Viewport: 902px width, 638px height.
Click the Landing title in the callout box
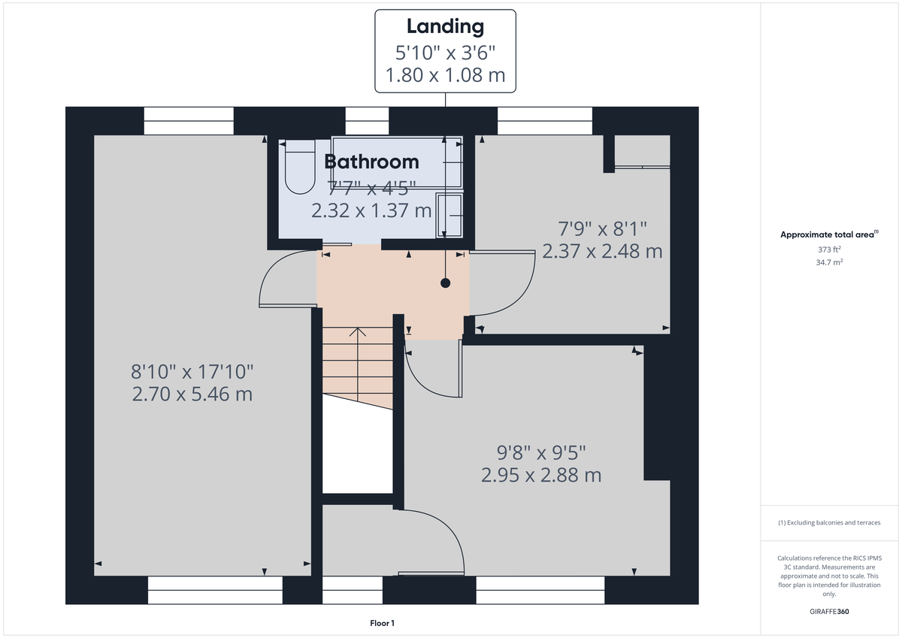[445, 26]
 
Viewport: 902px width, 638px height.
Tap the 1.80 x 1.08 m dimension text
[445, 75]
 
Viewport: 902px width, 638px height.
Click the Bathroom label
[371, 162]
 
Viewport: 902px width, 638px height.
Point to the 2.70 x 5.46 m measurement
[192, 394]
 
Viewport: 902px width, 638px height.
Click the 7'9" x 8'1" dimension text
[602, 228]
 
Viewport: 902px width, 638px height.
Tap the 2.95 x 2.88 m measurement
[541, 475]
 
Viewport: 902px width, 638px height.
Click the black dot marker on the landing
[445, 283]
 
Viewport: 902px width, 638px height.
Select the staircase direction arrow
[358, 332]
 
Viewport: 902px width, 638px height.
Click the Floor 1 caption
[382, 623]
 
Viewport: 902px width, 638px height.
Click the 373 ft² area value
[828, 249]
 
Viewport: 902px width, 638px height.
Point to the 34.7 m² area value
[828, 263]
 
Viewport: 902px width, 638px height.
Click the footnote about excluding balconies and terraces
[828, 522]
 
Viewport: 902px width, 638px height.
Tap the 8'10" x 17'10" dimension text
[192, 371]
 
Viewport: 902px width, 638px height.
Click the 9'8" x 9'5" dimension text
[541, 452]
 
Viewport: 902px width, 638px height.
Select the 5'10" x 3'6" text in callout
[445, 52]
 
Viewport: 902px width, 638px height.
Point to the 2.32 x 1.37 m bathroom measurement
[371, 210]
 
